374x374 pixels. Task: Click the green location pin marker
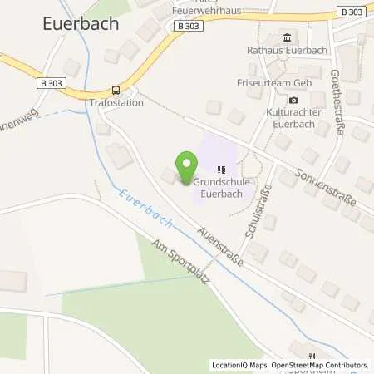[x=185, y=164]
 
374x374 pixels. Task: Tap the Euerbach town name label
[x=79, y=24]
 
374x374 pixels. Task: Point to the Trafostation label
[x=116, y=103]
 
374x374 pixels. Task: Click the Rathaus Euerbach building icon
[x=288, y=37]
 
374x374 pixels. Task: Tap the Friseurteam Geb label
[x=284, y=71]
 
